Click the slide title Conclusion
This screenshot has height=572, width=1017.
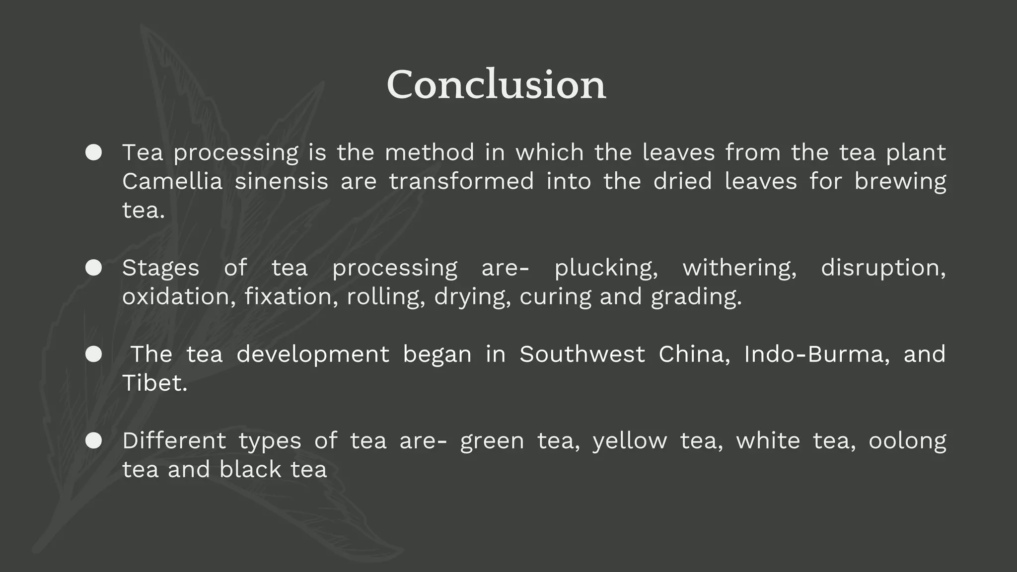[496, 85]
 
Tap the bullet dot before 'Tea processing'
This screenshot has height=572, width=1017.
[93, 152]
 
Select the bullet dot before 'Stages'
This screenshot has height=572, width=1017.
[93, 268]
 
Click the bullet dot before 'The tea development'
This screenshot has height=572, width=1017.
[93, 355]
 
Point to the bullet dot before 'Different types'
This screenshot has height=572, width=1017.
[93, 441]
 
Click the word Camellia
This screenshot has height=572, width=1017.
[172, 181]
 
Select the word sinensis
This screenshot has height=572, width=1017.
[281, 181]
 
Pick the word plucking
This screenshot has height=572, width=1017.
[606, 269]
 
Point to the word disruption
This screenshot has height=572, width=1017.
[883, 269]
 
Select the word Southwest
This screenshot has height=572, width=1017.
[582, 355]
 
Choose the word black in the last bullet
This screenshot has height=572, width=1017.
[250, 470]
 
